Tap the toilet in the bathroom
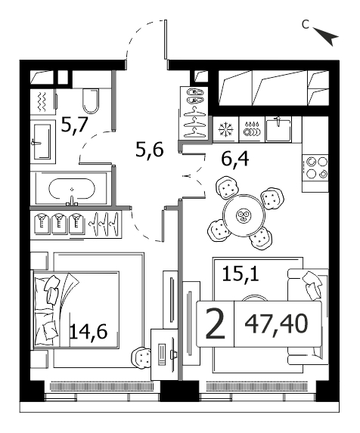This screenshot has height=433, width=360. pos(91,101)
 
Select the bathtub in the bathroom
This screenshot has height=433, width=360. pos(72,189)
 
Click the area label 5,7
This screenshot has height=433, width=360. pos(74,125)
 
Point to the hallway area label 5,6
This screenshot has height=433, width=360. pos(150,150)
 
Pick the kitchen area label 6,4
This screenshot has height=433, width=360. pos(235,159)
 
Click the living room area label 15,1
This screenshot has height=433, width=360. pos(241,274)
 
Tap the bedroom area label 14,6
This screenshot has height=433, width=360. pos(88,331)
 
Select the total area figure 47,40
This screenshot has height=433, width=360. pos(276,323)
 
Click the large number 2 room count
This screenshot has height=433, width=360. pos(216,323)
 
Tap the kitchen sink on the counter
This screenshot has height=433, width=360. pos(278,128)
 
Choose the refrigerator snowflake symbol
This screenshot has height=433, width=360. pos(225,129)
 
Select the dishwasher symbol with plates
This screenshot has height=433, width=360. pos(252,129)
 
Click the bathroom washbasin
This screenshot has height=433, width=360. pos(42,141)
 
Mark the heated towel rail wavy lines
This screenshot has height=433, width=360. pos(42,102)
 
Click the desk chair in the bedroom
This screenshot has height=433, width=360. pos(142,357)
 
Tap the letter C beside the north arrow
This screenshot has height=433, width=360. pos(306,25)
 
